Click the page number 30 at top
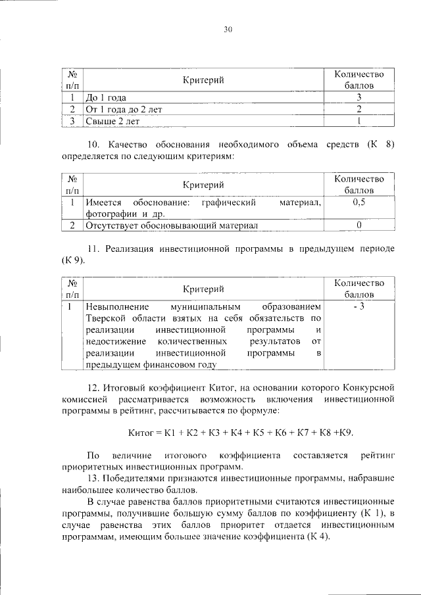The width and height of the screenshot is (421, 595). pos(228,29)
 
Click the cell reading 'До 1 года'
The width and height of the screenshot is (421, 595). pos(109,97)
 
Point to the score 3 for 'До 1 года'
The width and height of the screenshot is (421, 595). pos(359,97)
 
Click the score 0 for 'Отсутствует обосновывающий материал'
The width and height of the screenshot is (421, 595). pos(359,226)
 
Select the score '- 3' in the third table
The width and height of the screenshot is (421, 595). pos(359,307)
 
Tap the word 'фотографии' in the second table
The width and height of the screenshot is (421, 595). pos(109,214)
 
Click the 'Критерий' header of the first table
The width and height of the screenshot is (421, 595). pos(203,80)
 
